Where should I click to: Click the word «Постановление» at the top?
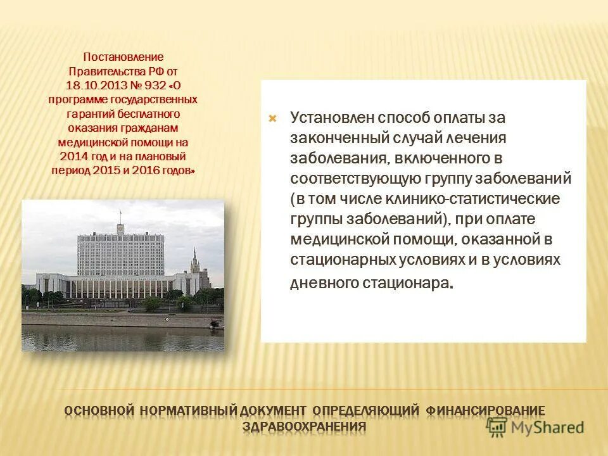(123, 57)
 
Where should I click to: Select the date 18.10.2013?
(91, 85)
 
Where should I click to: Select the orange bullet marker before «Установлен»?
(272, 118)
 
